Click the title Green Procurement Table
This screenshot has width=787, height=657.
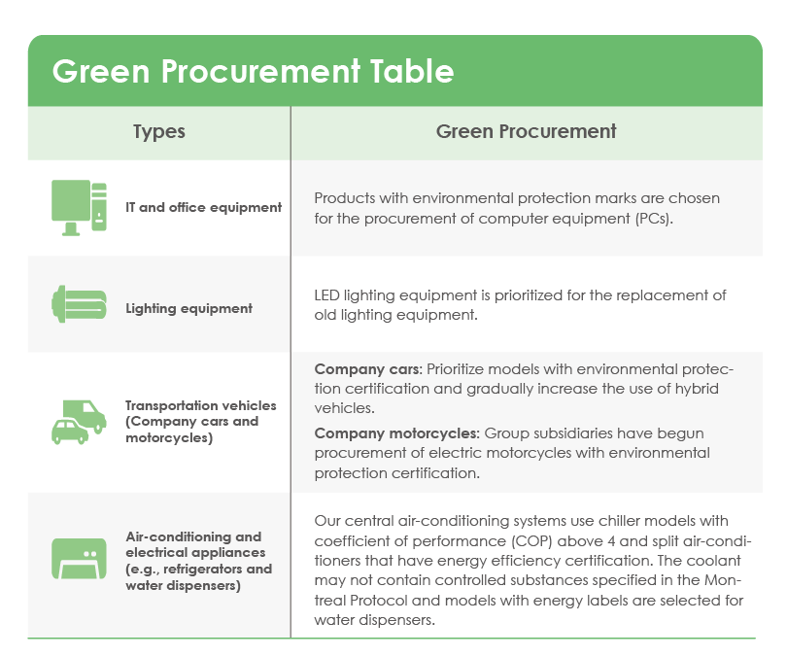pyautogui.click(x=253, y=71)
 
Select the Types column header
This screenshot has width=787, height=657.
pyautogui.click(x=159, y=132)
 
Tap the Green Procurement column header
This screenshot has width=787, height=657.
pyautogui.click(x=526, y=131)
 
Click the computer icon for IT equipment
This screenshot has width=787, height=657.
pyautogui.click(x=79, y=207)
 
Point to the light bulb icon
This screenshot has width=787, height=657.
pyautogui.click(x=79, y=304)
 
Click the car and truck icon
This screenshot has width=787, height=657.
pyautogui.click(x=79, y=422)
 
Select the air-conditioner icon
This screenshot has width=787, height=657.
pyautogui.click(x=79, y=559)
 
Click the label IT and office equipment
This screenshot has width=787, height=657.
pyautogui.click(x=203, y=208)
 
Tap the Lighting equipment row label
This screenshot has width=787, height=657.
pyautogui.click(x=188, y=309)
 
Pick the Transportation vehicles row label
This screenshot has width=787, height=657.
pyautogui.click(x=201, y=422)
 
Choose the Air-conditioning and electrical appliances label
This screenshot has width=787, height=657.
pyautogui.click(x=199, y=561)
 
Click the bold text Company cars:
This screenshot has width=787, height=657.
pyautogui.click(x=368, y=369)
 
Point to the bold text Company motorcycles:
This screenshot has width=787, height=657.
pyautogui.click(x=397, y=433)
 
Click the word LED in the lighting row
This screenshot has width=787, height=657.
pyautogui.click(x=326, y=295)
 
